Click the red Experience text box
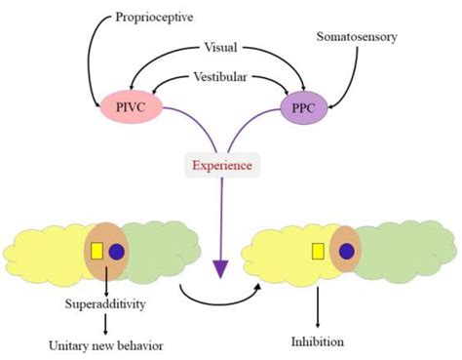coord(220,165)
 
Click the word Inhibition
coord(318,340)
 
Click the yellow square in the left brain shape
coord(97,251)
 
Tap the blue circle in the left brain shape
coord(117,252)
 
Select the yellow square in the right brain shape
coord(318,252)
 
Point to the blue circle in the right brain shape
coord(347,251)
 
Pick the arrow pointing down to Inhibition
coord(318,310)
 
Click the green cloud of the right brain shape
coord(395,249)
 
